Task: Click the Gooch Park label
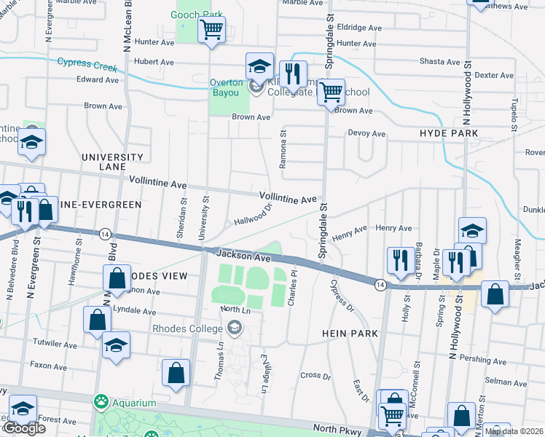[x=197, y=15]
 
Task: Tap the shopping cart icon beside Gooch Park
[x=211, y=30]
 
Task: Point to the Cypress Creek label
[x=87, y=65]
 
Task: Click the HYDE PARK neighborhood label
[x=449, y=133]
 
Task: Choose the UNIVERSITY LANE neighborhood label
[x=112, y=162]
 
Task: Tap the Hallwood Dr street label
[x=253, y=215]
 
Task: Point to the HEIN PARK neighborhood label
[x=350, y=334]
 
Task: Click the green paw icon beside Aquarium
[x=100, y=401]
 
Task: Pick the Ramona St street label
[x=283, y=150]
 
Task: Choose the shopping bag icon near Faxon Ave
[x=176, y=372]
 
